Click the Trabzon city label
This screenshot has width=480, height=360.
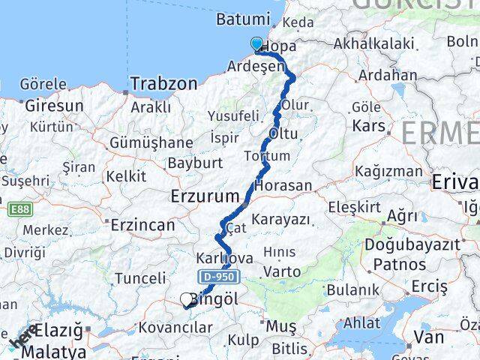[164, 83]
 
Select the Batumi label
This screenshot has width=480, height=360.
[242, 19]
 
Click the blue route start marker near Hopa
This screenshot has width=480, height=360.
[258, 44]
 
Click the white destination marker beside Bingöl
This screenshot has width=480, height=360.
[186, 300]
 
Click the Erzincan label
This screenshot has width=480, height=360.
[142, 224]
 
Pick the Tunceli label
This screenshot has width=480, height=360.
[140, 279]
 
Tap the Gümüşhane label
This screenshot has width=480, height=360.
[151, 142]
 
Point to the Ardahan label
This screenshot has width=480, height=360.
[387, 75]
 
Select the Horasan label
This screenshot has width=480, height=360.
[283, 185]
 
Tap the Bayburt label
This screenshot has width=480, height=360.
[194, 162]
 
